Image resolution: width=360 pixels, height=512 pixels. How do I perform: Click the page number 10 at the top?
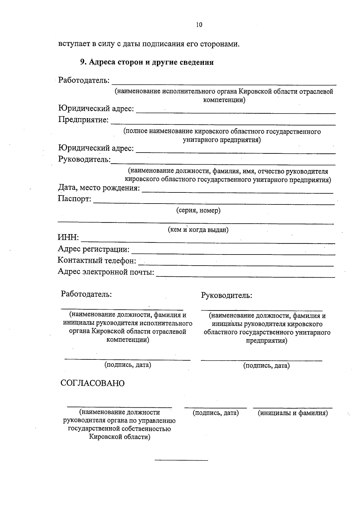[199, 25]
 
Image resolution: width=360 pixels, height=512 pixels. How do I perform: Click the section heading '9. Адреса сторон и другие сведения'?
[147, 62]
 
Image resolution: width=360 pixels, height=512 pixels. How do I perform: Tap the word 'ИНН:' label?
[68, 238]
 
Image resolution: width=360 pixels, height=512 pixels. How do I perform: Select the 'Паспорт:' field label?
[75, 198]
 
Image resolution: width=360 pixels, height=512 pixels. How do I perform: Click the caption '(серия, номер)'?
[198, 210]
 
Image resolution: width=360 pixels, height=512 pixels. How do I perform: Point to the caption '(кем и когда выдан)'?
[198, 230]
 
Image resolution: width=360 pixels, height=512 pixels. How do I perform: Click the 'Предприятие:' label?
[83, 120]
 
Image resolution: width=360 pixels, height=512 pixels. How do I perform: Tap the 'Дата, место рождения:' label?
[99, 188]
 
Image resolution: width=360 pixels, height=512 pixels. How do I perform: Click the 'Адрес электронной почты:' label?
[106, 272]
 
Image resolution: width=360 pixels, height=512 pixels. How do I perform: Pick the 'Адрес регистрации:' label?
[94, 249]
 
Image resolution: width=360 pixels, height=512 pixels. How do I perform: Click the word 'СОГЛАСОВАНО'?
[92, 383]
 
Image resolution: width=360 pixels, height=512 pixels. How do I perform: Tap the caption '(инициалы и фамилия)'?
[292, 413]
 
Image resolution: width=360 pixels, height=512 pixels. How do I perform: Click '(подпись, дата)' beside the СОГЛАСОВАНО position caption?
[215, 413]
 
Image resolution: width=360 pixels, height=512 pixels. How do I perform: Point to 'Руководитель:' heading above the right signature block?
[226, 296]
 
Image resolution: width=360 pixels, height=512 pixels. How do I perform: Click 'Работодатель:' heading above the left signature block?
[86, 294]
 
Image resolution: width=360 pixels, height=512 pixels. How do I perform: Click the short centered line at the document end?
[181, 460]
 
